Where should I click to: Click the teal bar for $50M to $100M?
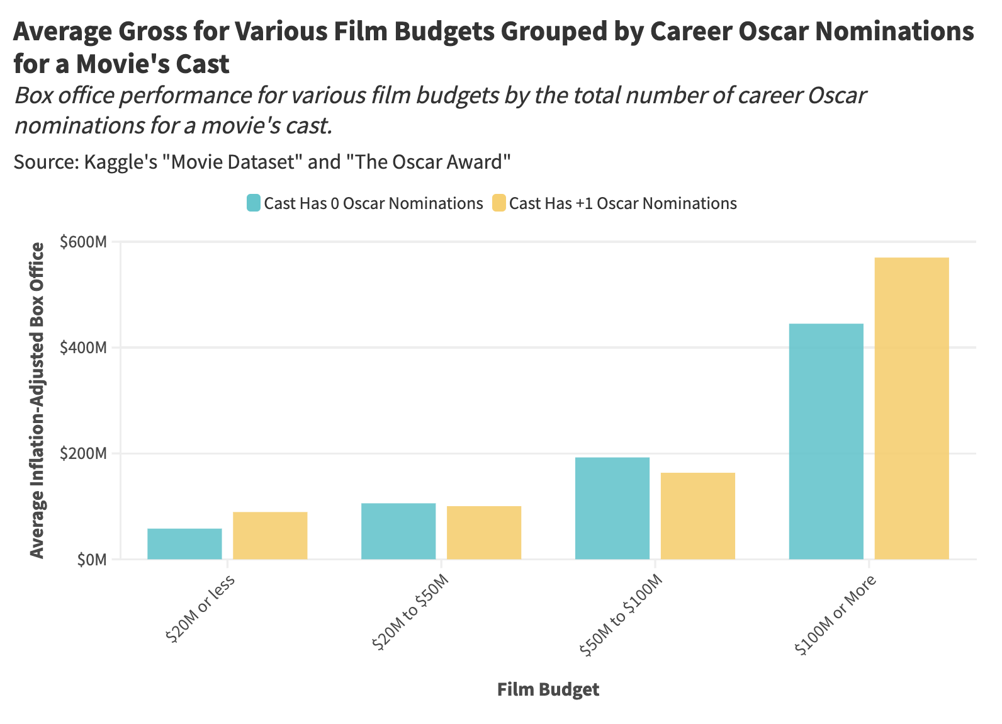(612, 508)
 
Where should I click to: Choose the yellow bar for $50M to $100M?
(698, 516)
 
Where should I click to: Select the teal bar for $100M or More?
(826, 441)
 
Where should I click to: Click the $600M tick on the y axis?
(82, 242)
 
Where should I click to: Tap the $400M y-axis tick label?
(82, 348)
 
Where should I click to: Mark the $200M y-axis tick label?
(82, 453)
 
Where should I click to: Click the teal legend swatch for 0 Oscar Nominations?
(253, 203)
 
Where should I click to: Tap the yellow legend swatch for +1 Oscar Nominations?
(498, 203)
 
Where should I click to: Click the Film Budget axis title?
(548, 689)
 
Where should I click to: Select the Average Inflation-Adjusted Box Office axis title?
(38, 400)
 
